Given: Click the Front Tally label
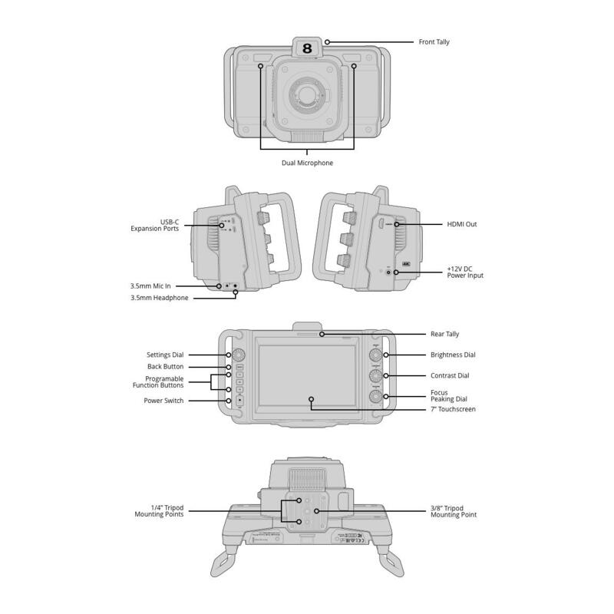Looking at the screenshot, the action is pyautogui.click(x=434, y=42).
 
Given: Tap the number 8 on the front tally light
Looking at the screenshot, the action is pyautogui.click(x=307, y=48).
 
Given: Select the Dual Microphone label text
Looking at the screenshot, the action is pyautogui.click(x=308, y=163).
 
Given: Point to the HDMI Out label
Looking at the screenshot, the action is pyautogui.click(x=462, y=224).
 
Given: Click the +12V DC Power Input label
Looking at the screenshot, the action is pyautogui.click(x=465, y=272).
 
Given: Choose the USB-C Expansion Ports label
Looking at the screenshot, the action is pyautogui.click(x=155, y=225).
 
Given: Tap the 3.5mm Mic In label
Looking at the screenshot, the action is pyautogui.click(x=150, y=286).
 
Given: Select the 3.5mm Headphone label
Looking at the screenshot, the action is pyautogui.click(x=160, y=298).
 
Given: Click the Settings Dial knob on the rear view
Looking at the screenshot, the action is pyautogui.click(x=239, y=355).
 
